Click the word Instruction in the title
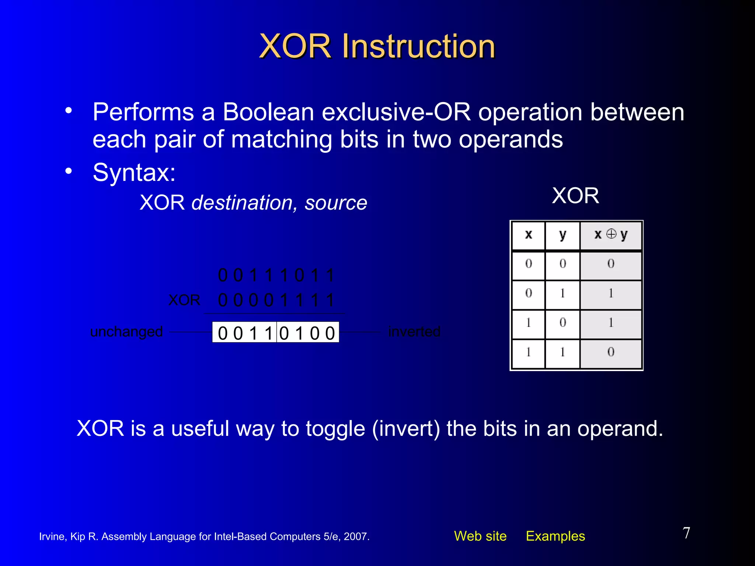[418, 46]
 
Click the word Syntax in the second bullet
[131, 172]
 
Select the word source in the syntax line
[335, 203]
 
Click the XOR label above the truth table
[575, 196]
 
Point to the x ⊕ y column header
[610, 235]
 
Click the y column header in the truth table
[562, 235]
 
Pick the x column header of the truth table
[528, 235]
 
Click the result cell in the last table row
[610, 352]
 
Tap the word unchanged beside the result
[126, 332]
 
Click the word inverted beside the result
[414, 332]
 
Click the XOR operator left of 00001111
[184, 300]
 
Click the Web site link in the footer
[480, 536]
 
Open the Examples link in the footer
[555, 536]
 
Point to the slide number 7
[686, 533]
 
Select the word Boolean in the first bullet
[268, 112]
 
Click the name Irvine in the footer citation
[52, 537]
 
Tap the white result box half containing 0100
[307, 333]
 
